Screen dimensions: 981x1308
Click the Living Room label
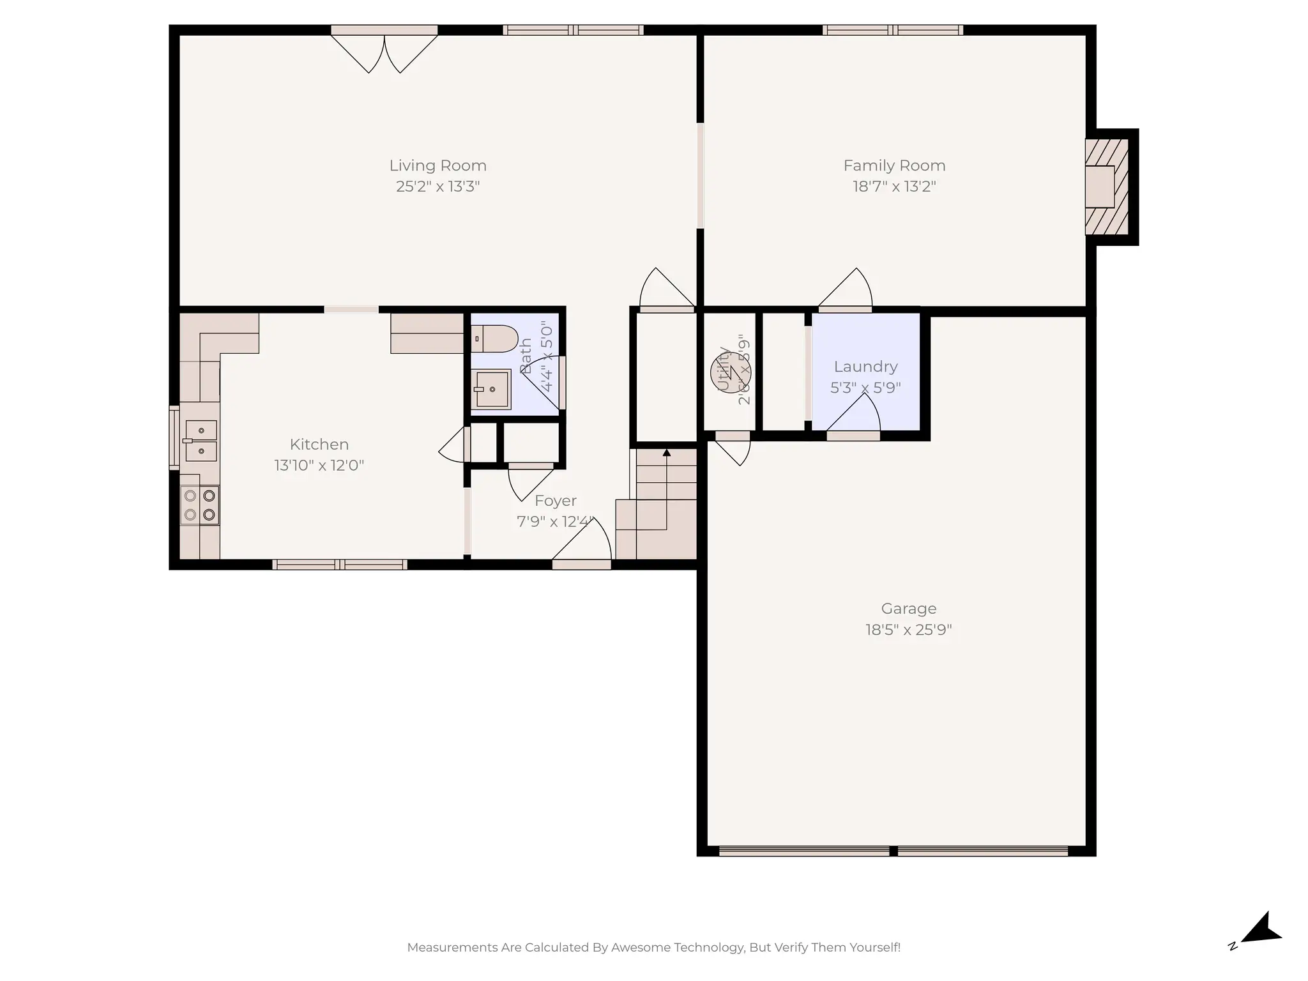[x=437, y=165]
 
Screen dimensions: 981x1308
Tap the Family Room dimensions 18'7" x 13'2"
[x=894, y=186]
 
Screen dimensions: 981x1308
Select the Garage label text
[x=908, y=609]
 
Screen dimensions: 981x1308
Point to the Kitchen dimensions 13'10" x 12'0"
[x=319, y=465]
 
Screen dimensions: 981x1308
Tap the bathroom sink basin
[x=492, y=389]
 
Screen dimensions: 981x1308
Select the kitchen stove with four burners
[x=199, y=505]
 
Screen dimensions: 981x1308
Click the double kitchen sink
[x=201, y=441]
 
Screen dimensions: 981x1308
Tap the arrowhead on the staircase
[x=666, y=453]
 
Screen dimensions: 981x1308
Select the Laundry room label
[x=865, y=367]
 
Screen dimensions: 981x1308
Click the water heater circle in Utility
[x=730, y=372]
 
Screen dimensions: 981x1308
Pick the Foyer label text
[x=555, y=501]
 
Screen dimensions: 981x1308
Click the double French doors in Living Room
[x=384, y=51]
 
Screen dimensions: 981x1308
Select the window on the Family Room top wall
[x=892, y=30]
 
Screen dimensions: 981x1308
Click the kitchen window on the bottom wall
[x=339, y=565]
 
